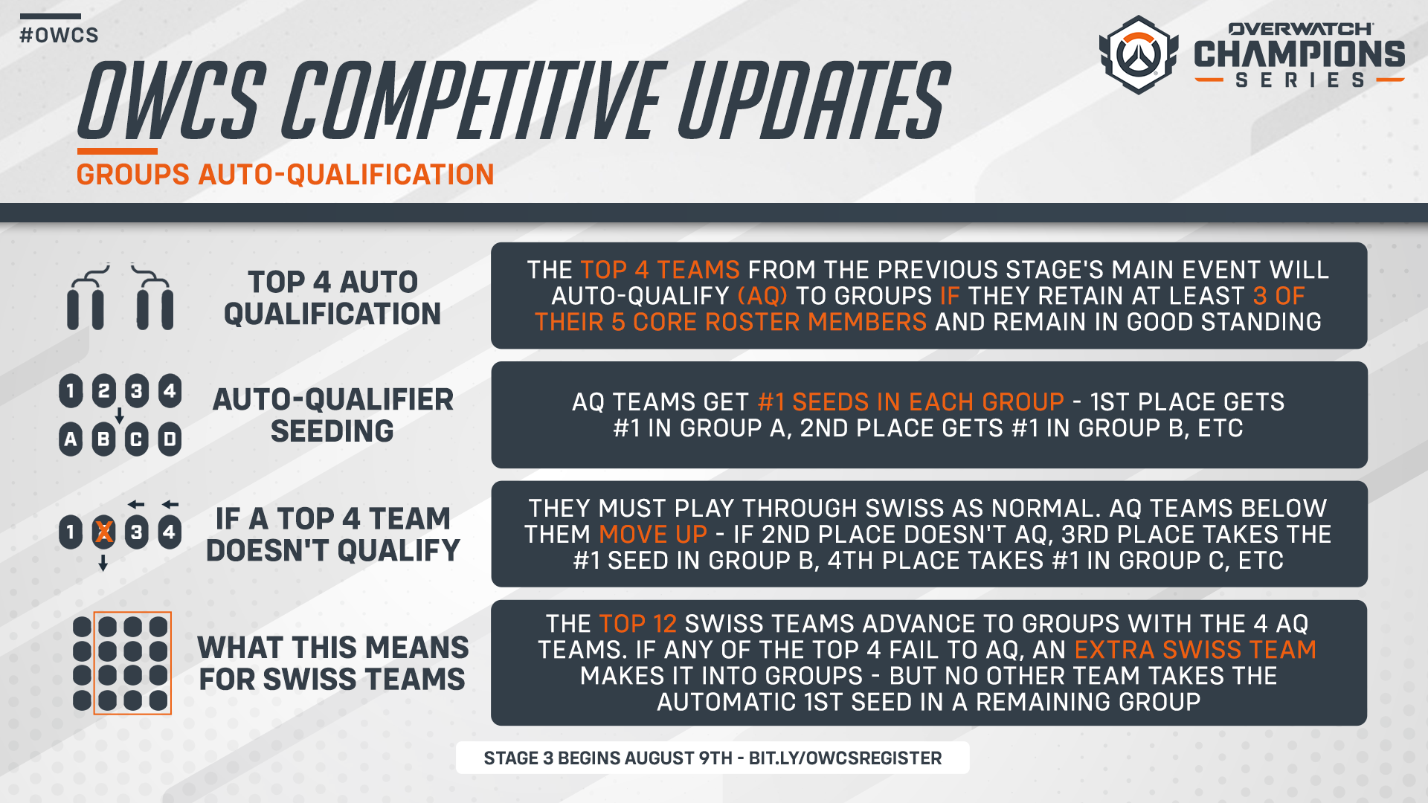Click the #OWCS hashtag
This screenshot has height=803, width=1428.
pos(59,35)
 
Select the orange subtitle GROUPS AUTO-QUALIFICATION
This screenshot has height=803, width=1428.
pos(285,175)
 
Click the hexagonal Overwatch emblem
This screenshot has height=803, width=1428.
pos(1138,55)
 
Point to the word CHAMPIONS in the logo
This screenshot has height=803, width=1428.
pos(1299,54)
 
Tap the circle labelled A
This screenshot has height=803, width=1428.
pos(71,439)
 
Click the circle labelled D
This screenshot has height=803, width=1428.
pos(170,439)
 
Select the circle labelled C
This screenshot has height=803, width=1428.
pos(136,439)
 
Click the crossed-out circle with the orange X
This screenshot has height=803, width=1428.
pos(103,532)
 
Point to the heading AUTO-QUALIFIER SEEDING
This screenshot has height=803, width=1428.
pos(332,415)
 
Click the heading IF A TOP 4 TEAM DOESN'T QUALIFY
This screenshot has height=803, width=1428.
pos(332,534)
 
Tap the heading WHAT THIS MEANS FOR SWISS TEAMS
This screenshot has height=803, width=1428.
pos(332,663)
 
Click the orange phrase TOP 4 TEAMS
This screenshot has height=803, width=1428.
pos(660,270)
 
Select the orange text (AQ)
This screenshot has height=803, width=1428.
pos(762,296)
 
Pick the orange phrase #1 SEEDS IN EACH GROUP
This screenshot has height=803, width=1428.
pos(910,402)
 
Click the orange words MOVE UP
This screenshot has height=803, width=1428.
pos(653,535)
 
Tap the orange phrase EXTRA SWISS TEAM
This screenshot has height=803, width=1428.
pos(1195,650)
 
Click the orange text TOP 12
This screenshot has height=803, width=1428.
pos(637,624)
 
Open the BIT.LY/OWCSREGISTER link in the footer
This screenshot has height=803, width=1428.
pos(845,758)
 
